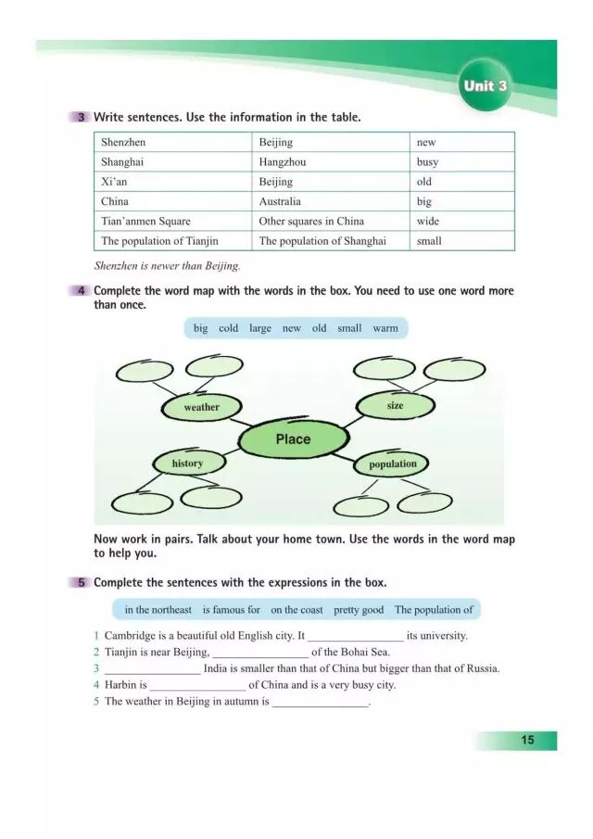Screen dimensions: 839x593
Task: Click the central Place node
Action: (x=293, y=439)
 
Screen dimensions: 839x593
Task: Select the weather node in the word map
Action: (x=202, y=407)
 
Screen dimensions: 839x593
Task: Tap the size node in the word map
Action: (x=395, y=405)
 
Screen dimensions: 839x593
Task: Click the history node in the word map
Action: (x=187, y=464)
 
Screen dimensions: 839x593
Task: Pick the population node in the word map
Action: (x=393, y=464)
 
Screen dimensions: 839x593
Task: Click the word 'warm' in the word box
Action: (x=385, y=328)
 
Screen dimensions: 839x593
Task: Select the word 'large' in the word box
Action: (x=260, y=328)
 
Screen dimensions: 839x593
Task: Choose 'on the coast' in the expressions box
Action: (x=296, y=610)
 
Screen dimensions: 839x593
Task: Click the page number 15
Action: (x=527, y=740)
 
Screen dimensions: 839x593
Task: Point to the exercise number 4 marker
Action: (x=83, y=291)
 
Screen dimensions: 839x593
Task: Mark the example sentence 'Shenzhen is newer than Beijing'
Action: (x=167, y=266)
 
